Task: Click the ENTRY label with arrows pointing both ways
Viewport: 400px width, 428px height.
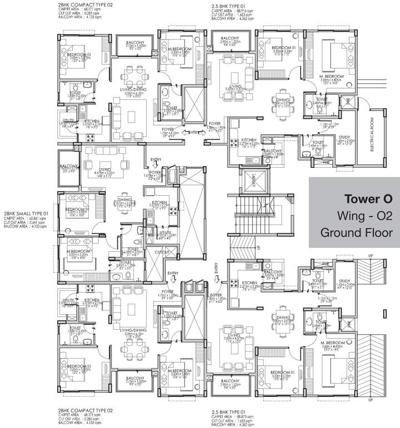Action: (193, 132)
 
